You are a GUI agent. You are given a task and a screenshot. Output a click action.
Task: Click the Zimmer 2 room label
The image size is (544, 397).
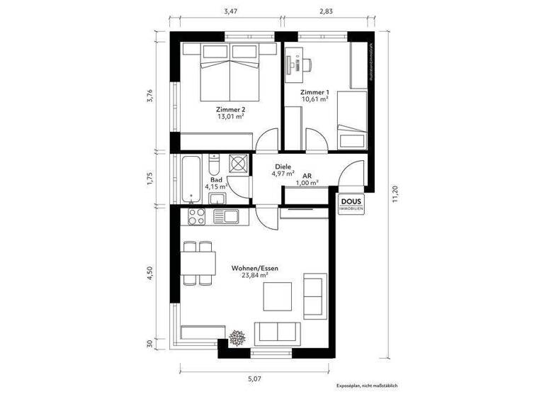coord(230,110)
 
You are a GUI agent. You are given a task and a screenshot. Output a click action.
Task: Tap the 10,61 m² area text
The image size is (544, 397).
coord(314,99)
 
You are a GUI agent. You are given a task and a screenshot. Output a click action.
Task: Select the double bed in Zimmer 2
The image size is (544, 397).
coord(229,72)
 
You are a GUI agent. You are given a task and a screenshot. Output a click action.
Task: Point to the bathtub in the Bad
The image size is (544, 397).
coord(190,179)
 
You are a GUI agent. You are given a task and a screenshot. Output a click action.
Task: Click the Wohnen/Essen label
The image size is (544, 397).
coord(254,269)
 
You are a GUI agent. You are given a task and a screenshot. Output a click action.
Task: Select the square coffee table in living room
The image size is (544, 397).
coord(278,296)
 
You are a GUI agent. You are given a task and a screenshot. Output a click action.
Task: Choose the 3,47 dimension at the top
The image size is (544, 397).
coord(229,11)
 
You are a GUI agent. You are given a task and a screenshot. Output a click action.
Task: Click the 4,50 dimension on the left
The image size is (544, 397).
coord(149,274)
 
